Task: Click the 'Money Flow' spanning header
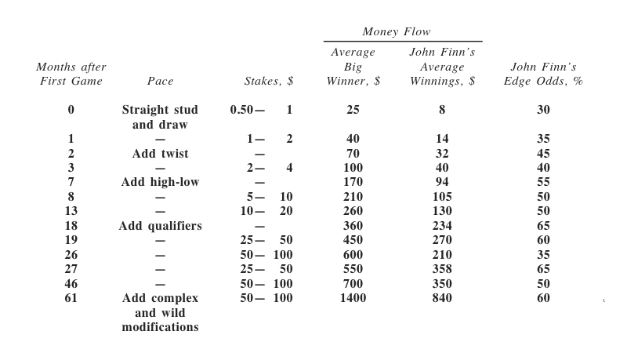(x=396, y=32)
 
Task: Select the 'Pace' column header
(x=160, y=82)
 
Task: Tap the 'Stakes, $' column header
(x=269, y=82)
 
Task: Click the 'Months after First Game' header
(x=71, y=75)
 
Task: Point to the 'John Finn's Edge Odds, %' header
(x=543, y=75)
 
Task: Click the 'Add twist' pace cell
(x=160, y=154)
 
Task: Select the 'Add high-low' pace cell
(x=160, y=183)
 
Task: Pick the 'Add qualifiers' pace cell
(x=160, y=227)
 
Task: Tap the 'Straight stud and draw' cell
(x=160, y=118)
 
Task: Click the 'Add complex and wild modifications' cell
(x=160, y=313)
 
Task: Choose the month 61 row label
(x=71, y=299)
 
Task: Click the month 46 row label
(x=71, y=284)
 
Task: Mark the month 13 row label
(x=71, y=212)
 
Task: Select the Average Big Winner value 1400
(x=353, y=299)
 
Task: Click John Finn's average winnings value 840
(x=442, y=299)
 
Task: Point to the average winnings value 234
(x=442, y=227)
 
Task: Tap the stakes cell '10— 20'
(x=266, y=212)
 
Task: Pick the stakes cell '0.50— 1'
(x=262, y=111)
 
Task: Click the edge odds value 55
(x=543, y=183)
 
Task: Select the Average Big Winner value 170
(x=353, y=183)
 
